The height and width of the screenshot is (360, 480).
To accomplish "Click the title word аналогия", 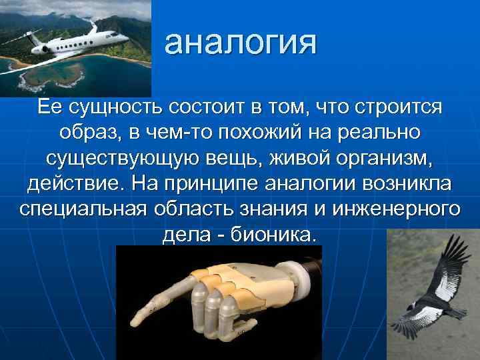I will click(241, 44).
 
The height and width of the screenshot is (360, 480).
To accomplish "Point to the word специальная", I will click(85, 208).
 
